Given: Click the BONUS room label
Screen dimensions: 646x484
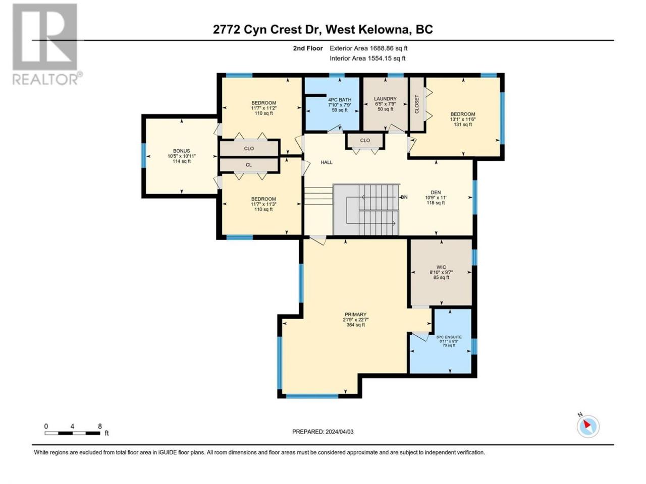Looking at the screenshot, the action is (x=182, y=151).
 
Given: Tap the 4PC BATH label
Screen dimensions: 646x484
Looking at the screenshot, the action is (x=340, y=100).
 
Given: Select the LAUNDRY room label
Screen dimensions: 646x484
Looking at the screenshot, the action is (x=385, y=99).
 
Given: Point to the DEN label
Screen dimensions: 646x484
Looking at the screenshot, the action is (x=436, y=193).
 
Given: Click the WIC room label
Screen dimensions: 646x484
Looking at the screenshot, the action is (x=441, y=267).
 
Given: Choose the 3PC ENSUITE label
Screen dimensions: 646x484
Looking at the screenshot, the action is (x=449, y=337).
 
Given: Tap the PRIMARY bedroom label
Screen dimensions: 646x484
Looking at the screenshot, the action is (x=355, y=315).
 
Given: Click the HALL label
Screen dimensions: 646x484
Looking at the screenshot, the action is (x=327, y=162).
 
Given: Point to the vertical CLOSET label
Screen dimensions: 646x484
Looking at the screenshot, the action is (x=416, y=104).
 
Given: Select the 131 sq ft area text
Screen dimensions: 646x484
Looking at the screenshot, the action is (x=463, y=125).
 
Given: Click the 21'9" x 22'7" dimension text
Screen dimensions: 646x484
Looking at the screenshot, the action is (x=355, y=320).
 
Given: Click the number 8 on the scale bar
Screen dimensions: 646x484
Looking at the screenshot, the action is (x=100, y=427).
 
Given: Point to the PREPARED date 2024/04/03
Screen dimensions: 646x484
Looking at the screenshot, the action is (x=339, y=432).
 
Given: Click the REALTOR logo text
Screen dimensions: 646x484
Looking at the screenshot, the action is (x=45, y=79).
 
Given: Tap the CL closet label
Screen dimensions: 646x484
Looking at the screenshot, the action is (x=249, y=165).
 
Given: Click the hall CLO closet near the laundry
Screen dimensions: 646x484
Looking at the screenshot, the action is (x=365, y=141).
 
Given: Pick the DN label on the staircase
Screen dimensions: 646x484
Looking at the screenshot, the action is (x=404, y=197).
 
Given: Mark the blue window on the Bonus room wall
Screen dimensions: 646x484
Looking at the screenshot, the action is (x=144, y=155).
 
